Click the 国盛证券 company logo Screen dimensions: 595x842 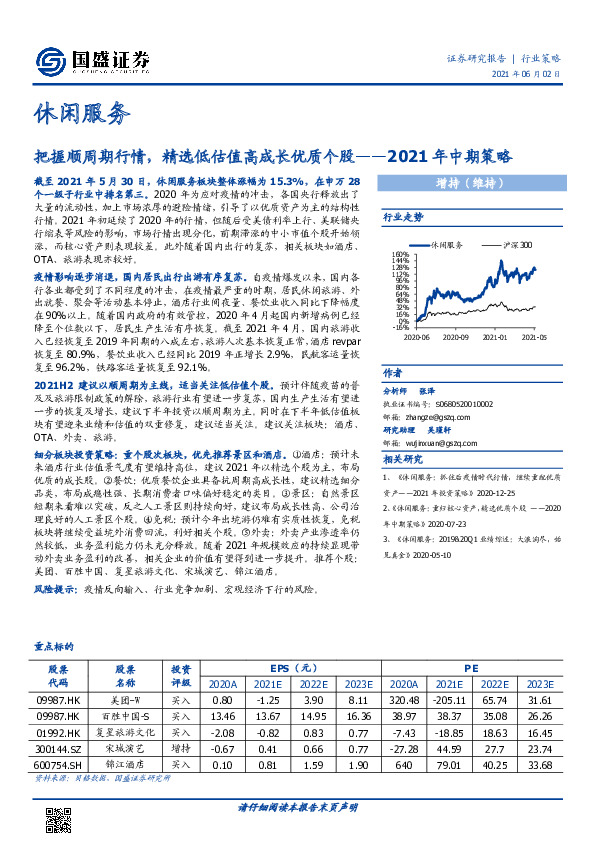tap(93, 61)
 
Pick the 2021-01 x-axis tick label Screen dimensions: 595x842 tap(495, 337)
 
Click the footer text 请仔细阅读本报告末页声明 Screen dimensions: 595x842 tap(297, 806)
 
